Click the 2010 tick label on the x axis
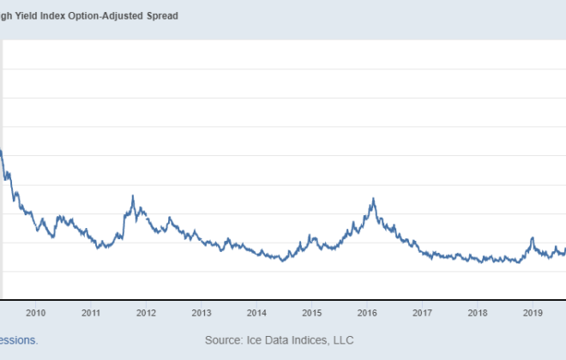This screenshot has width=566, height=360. coord(35,313)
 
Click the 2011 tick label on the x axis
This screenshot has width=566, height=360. coord(90,313)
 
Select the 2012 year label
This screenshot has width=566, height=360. coord(146,313)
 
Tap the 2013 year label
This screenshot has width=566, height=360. coord(201,313)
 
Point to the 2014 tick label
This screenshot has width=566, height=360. coord(256,313)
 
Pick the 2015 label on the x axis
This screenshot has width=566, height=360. coord(311,313)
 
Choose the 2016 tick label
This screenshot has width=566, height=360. coord(367,313)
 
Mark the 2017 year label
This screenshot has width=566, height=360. coord(422,313)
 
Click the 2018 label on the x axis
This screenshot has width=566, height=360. coord(478,313)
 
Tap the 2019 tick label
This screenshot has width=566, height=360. coord(533,313)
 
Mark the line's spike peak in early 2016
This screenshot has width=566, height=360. coord(373,199)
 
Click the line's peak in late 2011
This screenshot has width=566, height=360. coord(133,195)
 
